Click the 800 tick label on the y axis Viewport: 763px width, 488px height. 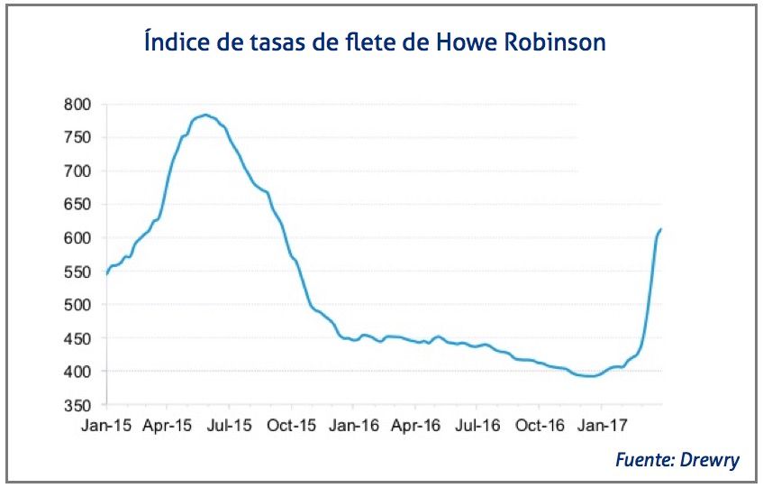click(x=77, y=105)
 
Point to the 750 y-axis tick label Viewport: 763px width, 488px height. click(x=77, y=138)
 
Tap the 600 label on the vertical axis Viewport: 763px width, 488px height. click(x=77, y=238)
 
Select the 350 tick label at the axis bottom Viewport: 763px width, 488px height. click(x=77, y=405)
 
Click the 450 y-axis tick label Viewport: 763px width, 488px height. click(x=77, y=338)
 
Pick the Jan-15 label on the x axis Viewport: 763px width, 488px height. click(x=106, y=423)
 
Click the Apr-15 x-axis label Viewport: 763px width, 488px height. click(x=168, y=423)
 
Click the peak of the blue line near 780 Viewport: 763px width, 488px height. click(x=206, y=115)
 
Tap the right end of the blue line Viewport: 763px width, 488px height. click(x=661, y=229)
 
